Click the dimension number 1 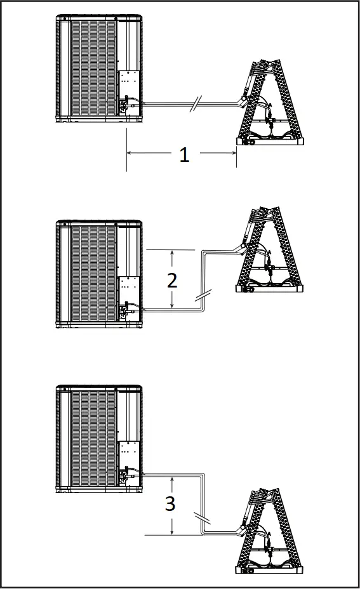tap(184, 154)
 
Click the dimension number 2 tap(172, 280)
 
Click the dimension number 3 tap(170, 504)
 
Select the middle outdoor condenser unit tap(98, 273)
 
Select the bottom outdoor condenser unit tap(98, 438)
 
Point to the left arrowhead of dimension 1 tap(130, 153)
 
